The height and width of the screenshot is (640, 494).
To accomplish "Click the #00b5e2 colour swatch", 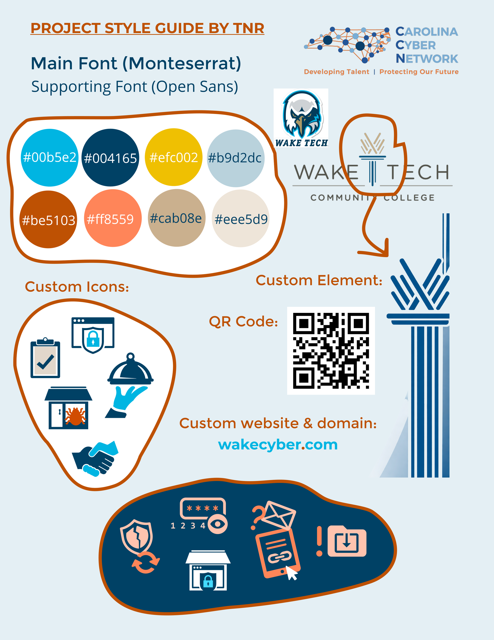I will click(49, 158).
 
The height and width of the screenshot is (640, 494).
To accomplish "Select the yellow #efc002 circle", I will click(174, 157).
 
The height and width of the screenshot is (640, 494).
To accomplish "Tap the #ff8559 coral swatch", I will click(113, 218).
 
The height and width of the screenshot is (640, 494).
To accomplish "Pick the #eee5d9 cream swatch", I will click(240, 219).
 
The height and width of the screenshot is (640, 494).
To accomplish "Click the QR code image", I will click(331, 351).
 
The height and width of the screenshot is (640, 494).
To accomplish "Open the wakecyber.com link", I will click(278, 445).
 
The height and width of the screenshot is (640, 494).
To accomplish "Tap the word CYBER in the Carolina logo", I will click(416, 45).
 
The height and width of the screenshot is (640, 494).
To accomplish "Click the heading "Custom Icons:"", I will click(77, 287).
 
